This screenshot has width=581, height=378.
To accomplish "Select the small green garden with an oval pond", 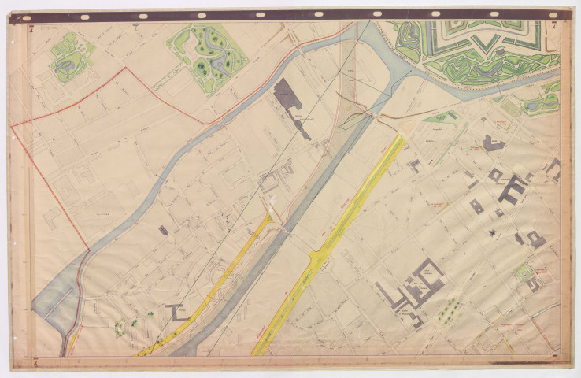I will coord(71,56).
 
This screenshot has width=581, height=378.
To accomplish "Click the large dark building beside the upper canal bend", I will coord(288,96).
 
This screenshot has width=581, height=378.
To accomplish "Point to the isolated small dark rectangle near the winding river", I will coord(163,230).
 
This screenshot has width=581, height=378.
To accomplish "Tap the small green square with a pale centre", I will coord(523,272).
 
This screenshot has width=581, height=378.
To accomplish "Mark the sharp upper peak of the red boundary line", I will coord(124,69).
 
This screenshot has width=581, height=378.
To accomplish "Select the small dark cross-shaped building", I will coord(492,232).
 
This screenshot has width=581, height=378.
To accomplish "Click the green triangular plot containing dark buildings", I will coord(442,119).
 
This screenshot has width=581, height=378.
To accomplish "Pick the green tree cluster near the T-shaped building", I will coord(126,325).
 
